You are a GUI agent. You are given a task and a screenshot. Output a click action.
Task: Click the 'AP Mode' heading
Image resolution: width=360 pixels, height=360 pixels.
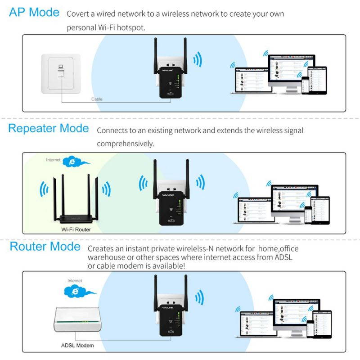(x=34, y=12)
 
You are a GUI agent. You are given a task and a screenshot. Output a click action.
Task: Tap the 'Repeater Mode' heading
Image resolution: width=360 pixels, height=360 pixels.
(x=49, y=128)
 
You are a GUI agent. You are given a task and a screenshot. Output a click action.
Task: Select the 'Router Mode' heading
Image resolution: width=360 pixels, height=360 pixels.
(x=45, y=247)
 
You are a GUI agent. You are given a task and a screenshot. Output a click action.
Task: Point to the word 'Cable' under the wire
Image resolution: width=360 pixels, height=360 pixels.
(x=97, y=99)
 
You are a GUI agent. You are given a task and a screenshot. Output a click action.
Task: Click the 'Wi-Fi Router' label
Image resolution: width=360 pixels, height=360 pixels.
(x=76, y=229)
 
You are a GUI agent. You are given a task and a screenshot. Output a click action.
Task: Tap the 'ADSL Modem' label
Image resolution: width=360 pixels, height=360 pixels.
(x=77, y=346)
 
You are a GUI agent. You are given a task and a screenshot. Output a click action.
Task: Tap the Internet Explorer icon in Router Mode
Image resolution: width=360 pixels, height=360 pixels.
(x=75, y=292)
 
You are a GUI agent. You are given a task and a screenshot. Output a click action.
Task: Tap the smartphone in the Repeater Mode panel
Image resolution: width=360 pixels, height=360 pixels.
(x=308, y=215)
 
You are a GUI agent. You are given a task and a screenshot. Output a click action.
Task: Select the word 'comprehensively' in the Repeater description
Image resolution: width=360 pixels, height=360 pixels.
(x=126, y=144)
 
